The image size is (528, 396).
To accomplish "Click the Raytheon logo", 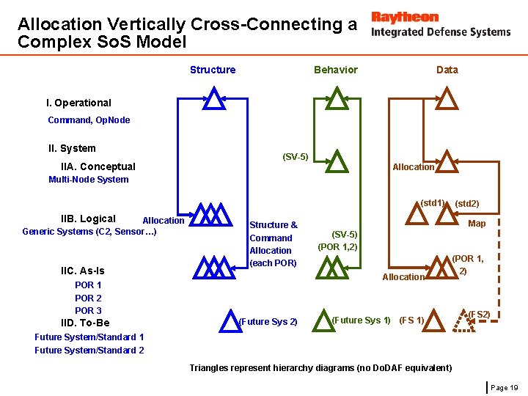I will (405, 17).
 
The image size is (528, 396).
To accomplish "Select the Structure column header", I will (213, 70).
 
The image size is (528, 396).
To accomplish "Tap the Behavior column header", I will (336, 70).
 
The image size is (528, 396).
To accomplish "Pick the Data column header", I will (447, 70).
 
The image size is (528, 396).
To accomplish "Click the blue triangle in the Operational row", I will (213, 98).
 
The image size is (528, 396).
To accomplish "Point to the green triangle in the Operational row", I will (336, 98).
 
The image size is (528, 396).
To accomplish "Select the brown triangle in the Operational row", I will (447, 98).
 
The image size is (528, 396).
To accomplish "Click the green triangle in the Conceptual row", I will (336, 161).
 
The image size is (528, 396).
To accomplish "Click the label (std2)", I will (467, 203).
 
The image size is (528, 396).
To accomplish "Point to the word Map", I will (477, 223).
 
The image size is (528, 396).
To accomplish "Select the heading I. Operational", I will (78, 103).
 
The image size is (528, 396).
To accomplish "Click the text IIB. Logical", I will (88, 219).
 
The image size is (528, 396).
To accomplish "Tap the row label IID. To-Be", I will (85, 323).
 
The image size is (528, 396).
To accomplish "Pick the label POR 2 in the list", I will (88, 298).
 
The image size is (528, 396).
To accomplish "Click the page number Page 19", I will (504, 386).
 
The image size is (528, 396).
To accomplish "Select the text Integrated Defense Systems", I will (441, 32).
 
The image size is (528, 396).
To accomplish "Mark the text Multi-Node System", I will (88, 180).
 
